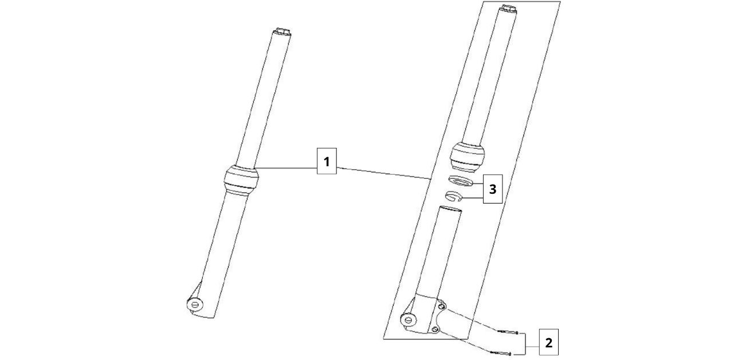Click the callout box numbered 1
point(327,162)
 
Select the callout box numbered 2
point(548,343)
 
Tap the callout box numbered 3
point(493,188)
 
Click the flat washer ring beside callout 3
point(461,182)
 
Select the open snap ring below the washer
point(454,197)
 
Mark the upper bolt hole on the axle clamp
point(441,308)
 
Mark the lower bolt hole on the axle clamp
point(434,329)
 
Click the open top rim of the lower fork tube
point(450,210)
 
